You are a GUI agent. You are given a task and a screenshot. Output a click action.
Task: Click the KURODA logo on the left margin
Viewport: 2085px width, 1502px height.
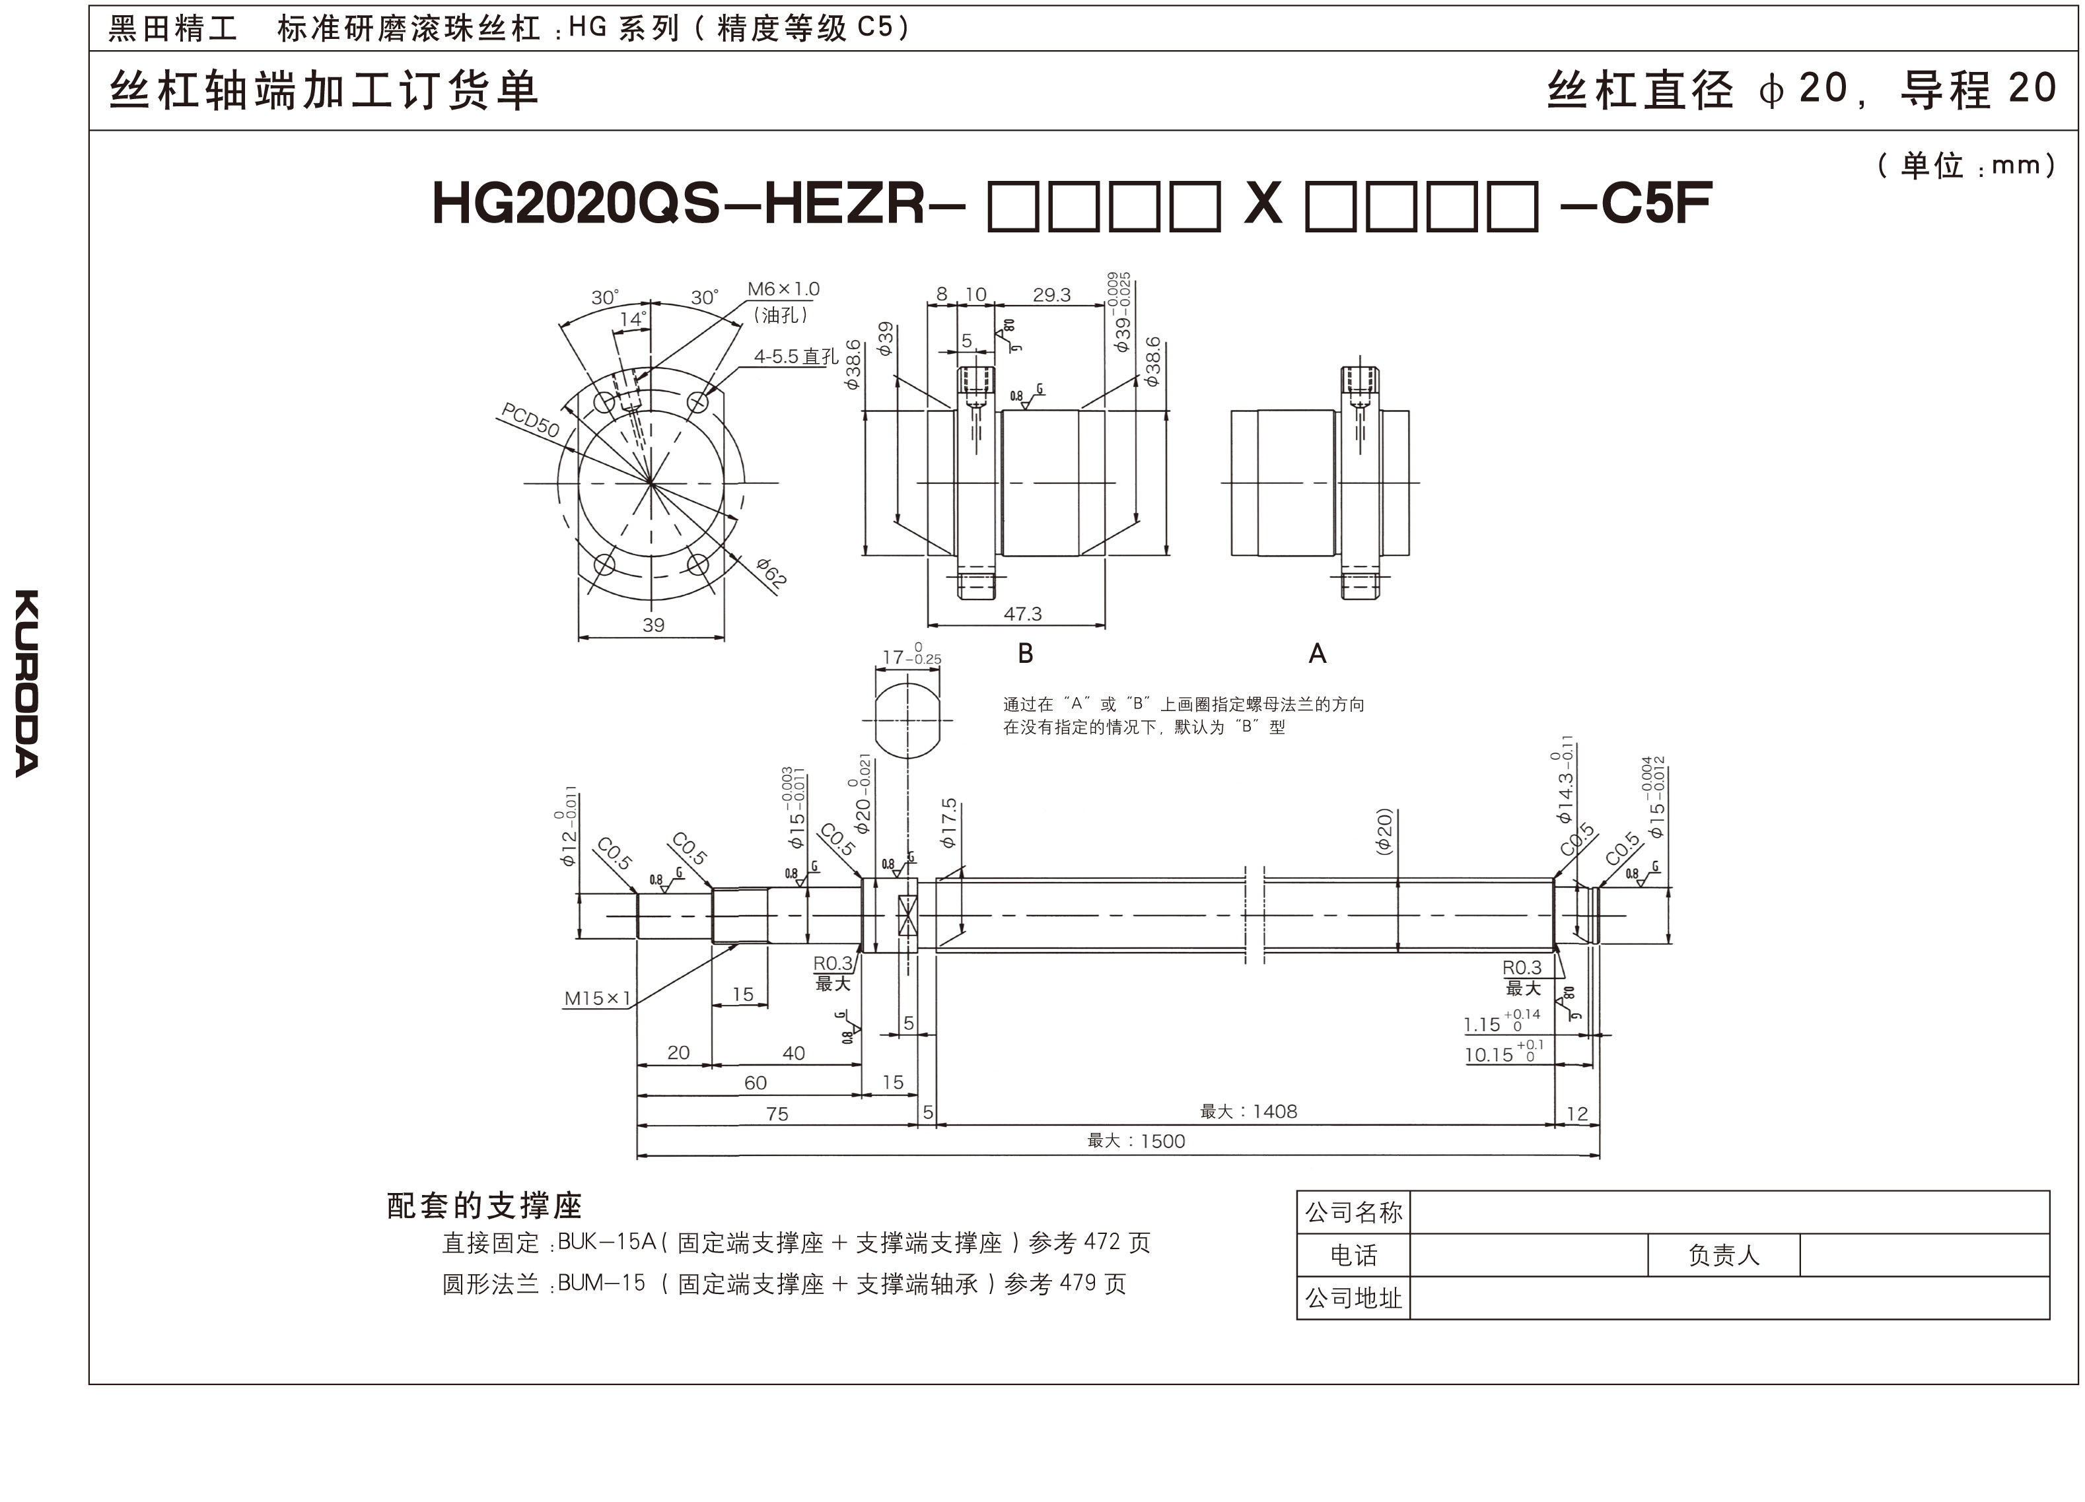click(x=26, y=683)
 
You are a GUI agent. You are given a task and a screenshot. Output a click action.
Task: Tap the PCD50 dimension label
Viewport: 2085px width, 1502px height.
click(x=530, y=420)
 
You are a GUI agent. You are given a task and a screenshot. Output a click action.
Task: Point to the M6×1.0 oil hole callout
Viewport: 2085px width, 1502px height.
click(x=783, y=290)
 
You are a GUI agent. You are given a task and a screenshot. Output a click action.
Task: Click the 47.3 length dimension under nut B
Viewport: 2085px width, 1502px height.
click(x=1022, y=614)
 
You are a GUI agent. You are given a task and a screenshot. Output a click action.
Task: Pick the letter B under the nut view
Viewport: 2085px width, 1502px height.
click(x=1026, y=654)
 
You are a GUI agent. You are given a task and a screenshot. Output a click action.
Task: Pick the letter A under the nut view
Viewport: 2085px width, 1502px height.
click(x=1318, y=654)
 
